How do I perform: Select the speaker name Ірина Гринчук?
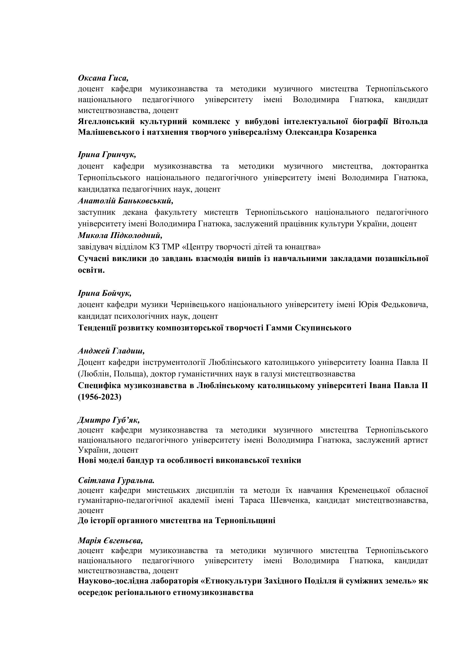pos(107,155)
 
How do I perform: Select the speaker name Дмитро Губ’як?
pos(109,420)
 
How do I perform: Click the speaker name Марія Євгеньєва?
pos(110,541)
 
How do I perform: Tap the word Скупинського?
pos(323,327)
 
